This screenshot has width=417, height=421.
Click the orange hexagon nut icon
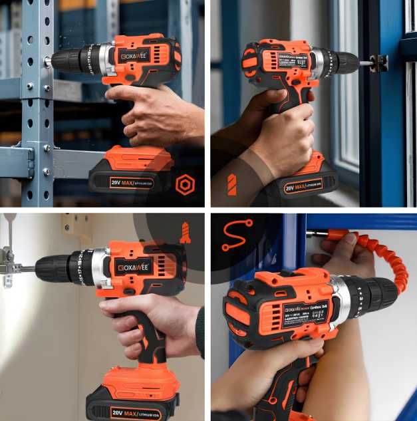[x=185, y=185]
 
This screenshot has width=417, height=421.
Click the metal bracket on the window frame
[x=380, y=63]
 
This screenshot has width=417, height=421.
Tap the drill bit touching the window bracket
[x=364, y=63]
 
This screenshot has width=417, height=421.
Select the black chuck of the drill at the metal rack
[x=67, y=60]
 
